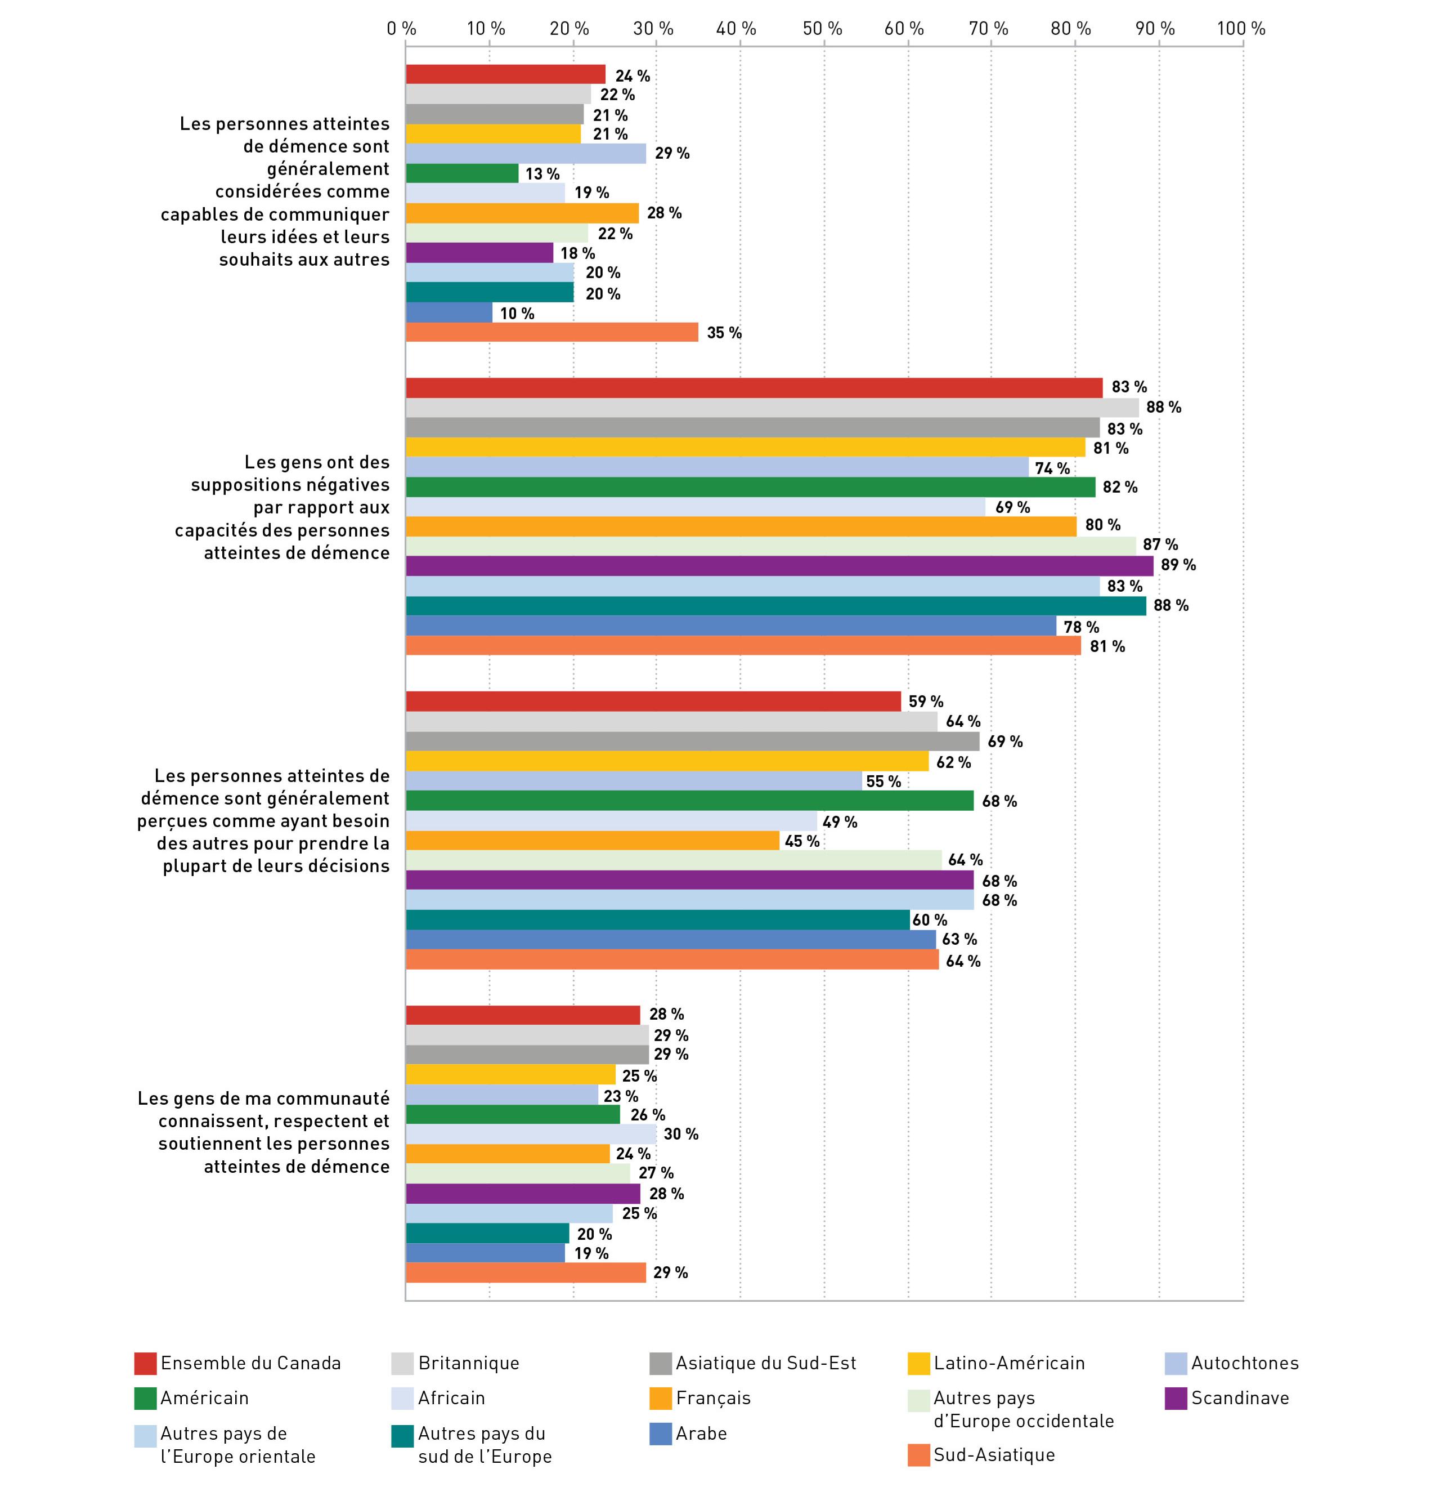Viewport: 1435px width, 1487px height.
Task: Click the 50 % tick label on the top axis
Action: pos(823,29)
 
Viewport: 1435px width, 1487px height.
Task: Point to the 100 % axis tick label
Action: pos(1241,29)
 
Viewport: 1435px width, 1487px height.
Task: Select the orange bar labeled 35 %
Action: pos(552,332)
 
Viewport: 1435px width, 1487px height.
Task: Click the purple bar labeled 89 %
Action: pos(780,566)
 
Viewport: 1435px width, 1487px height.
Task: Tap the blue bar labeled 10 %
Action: pos(449,312)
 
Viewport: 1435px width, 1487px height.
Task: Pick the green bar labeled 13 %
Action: pos(463,173)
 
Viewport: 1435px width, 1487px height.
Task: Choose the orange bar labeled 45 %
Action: pos(593,841)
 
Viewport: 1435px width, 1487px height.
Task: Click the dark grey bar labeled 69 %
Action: pos(693,741)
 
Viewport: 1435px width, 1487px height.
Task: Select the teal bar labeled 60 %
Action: pos(658,920)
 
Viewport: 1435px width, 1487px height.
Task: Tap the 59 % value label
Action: pos(926,702)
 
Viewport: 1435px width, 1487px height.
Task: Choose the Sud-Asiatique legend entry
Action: pos(981,1454)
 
